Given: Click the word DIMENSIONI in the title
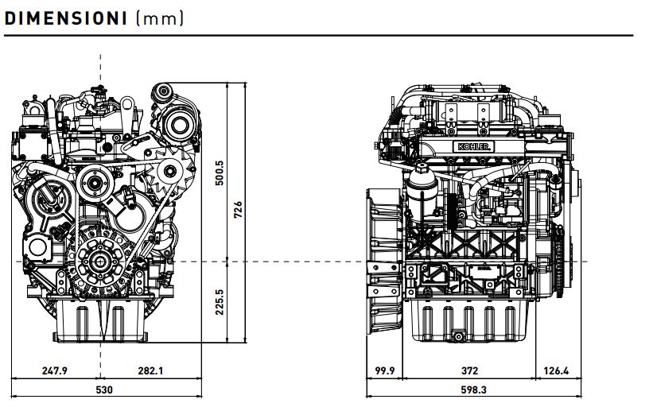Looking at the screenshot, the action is (65, 19).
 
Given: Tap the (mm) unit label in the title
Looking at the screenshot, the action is (160, 19).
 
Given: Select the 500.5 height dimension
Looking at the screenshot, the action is (220, 172).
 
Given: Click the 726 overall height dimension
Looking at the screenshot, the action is (238, 210).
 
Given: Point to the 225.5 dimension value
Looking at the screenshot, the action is (220, 302).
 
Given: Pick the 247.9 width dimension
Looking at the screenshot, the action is (55, 370).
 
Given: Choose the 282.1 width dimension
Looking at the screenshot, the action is (150, 370).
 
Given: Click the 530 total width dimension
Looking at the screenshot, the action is (104, 390).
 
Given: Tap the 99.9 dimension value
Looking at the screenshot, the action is (384, 370).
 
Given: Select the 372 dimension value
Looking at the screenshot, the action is (469, 370).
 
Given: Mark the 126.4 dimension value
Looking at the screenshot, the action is (556, 370).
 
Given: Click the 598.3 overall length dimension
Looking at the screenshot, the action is (473, 390).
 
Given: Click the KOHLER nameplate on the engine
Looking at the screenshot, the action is (474, 146).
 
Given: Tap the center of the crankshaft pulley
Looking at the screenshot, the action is (100, 262).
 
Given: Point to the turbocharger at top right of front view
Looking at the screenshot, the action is (178, 121).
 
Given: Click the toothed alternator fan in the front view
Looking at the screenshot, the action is (170, 171).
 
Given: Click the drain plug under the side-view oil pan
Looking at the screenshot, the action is (458, 336).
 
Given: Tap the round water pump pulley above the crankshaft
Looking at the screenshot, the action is (95, 183).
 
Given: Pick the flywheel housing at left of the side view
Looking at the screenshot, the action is (384, 262).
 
